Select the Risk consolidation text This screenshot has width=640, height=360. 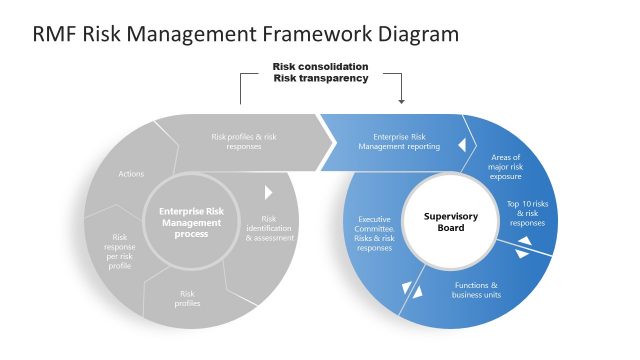(x=320, y=67)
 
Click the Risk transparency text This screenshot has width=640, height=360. (x=320, y=78)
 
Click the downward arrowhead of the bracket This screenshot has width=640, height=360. (x=401, y=100)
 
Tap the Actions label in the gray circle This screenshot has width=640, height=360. (x=131, y=174)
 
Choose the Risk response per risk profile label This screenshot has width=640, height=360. (x=120, y=251)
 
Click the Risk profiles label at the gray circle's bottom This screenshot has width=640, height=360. (x=188, y=298)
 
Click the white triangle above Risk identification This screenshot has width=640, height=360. (x=268, y=191)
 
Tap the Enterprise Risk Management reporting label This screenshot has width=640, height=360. (x=399, y=141)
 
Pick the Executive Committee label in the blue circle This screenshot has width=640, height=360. (x=375, y=232)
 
